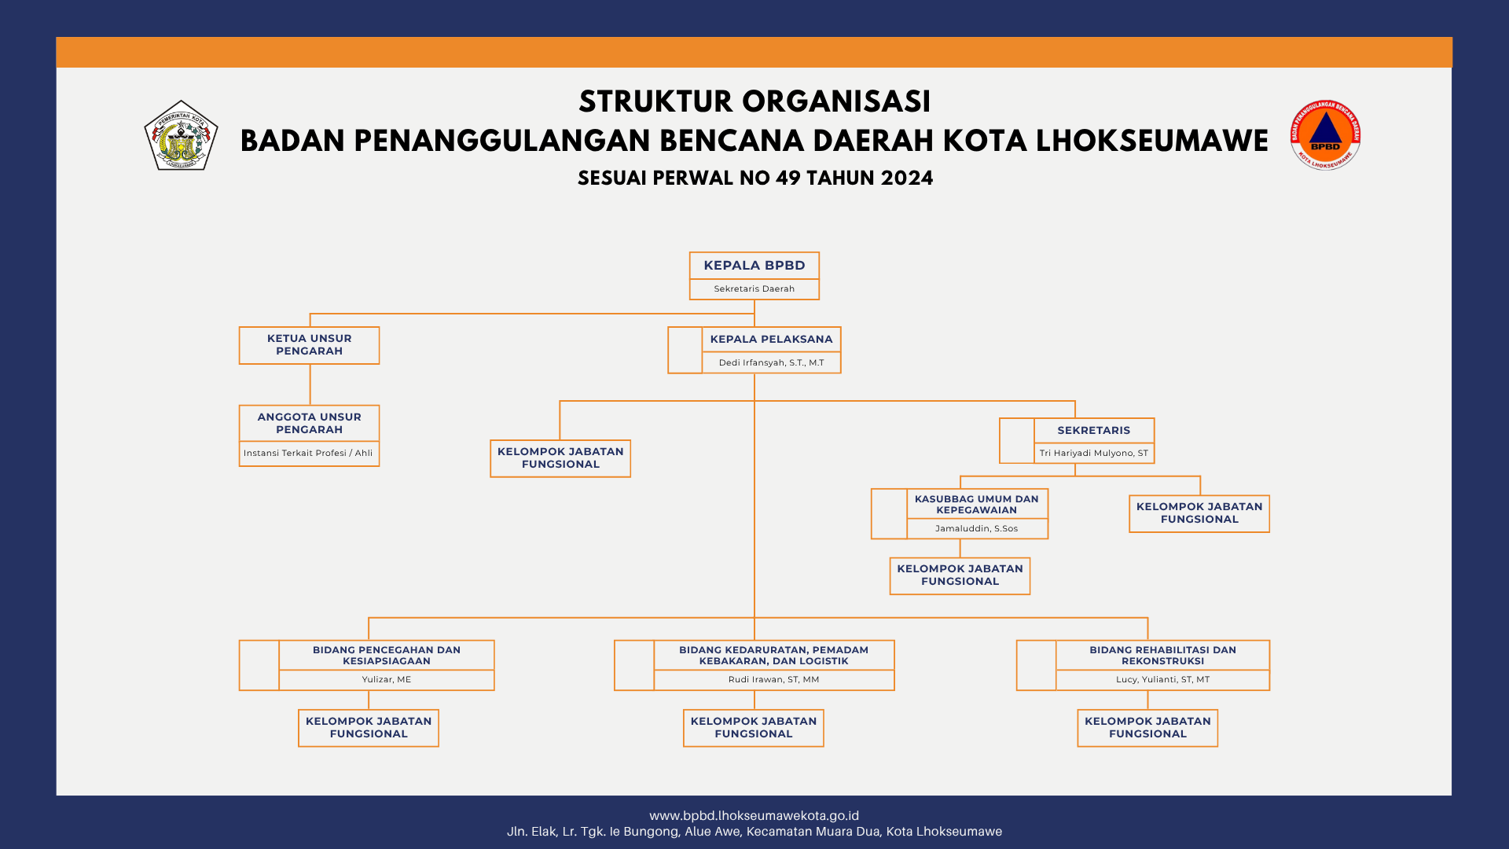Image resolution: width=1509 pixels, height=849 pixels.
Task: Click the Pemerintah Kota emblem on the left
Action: [x=181, y=135]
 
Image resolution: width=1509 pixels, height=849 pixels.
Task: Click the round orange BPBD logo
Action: [x=1325, y=135]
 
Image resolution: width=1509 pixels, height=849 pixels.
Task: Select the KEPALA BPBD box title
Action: [x=754, y=266]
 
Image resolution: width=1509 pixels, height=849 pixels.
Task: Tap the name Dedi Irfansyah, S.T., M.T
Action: [x=771, y=362]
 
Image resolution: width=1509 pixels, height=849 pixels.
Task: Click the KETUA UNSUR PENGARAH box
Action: [x=309, y=345]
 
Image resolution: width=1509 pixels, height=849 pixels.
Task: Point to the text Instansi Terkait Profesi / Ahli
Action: [x=308, y=453]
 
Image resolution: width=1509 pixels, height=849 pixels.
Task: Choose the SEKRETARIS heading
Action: [x=1093, y=430]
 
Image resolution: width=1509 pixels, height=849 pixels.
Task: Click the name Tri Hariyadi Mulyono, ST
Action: [x=1093, y=453]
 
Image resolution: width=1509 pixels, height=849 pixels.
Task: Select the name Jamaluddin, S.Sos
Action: [x=976, y=528]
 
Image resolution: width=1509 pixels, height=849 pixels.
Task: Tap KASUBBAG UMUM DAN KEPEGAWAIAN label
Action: [x=976, y=504]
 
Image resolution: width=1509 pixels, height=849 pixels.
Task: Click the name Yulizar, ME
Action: [x=386, y=679]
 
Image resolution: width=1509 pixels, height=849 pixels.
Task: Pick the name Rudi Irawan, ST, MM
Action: [x=773, y=679]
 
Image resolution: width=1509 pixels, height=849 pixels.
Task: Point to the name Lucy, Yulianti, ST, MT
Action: [x=1162, y=679]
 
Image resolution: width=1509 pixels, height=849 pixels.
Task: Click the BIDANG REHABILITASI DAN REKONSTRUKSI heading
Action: [x=1162, y=655]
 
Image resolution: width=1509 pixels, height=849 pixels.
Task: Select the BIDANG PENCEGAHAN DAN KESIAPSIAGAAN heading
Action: [x=386, y=655]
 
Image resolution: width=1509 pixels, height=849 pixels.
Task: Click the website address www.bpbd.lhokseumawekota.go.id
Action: [x=754, y=816]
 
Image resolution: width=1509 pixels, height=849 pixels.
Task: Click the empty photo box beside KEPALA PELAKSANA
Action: [x=685, y=350]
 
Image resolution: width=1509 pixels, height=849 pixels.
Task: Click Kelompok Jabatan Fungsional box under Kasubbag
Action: [x=960, y=575]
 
